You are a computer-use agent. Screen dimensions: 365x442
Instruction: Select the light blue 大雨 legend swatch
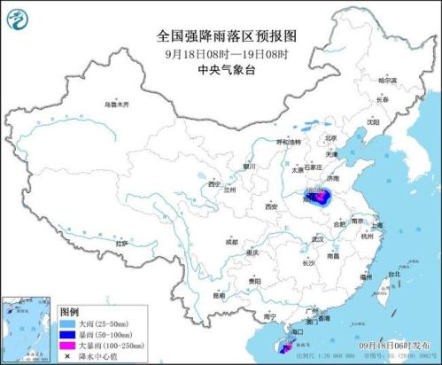click(x=69, y=324)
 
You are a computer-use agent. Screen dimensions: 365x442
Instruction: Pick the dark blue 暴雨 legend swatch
click(x=69, y=335)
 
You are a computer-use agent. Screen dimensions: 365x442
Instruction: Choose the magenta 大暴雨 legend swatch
click(x=69, y=346)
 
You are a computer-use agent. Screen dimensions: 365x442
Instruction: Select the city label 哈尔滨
click(x=387, y=81)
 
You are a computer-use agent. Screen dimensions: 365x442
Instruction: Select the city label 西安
click(x=268, y=206)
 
